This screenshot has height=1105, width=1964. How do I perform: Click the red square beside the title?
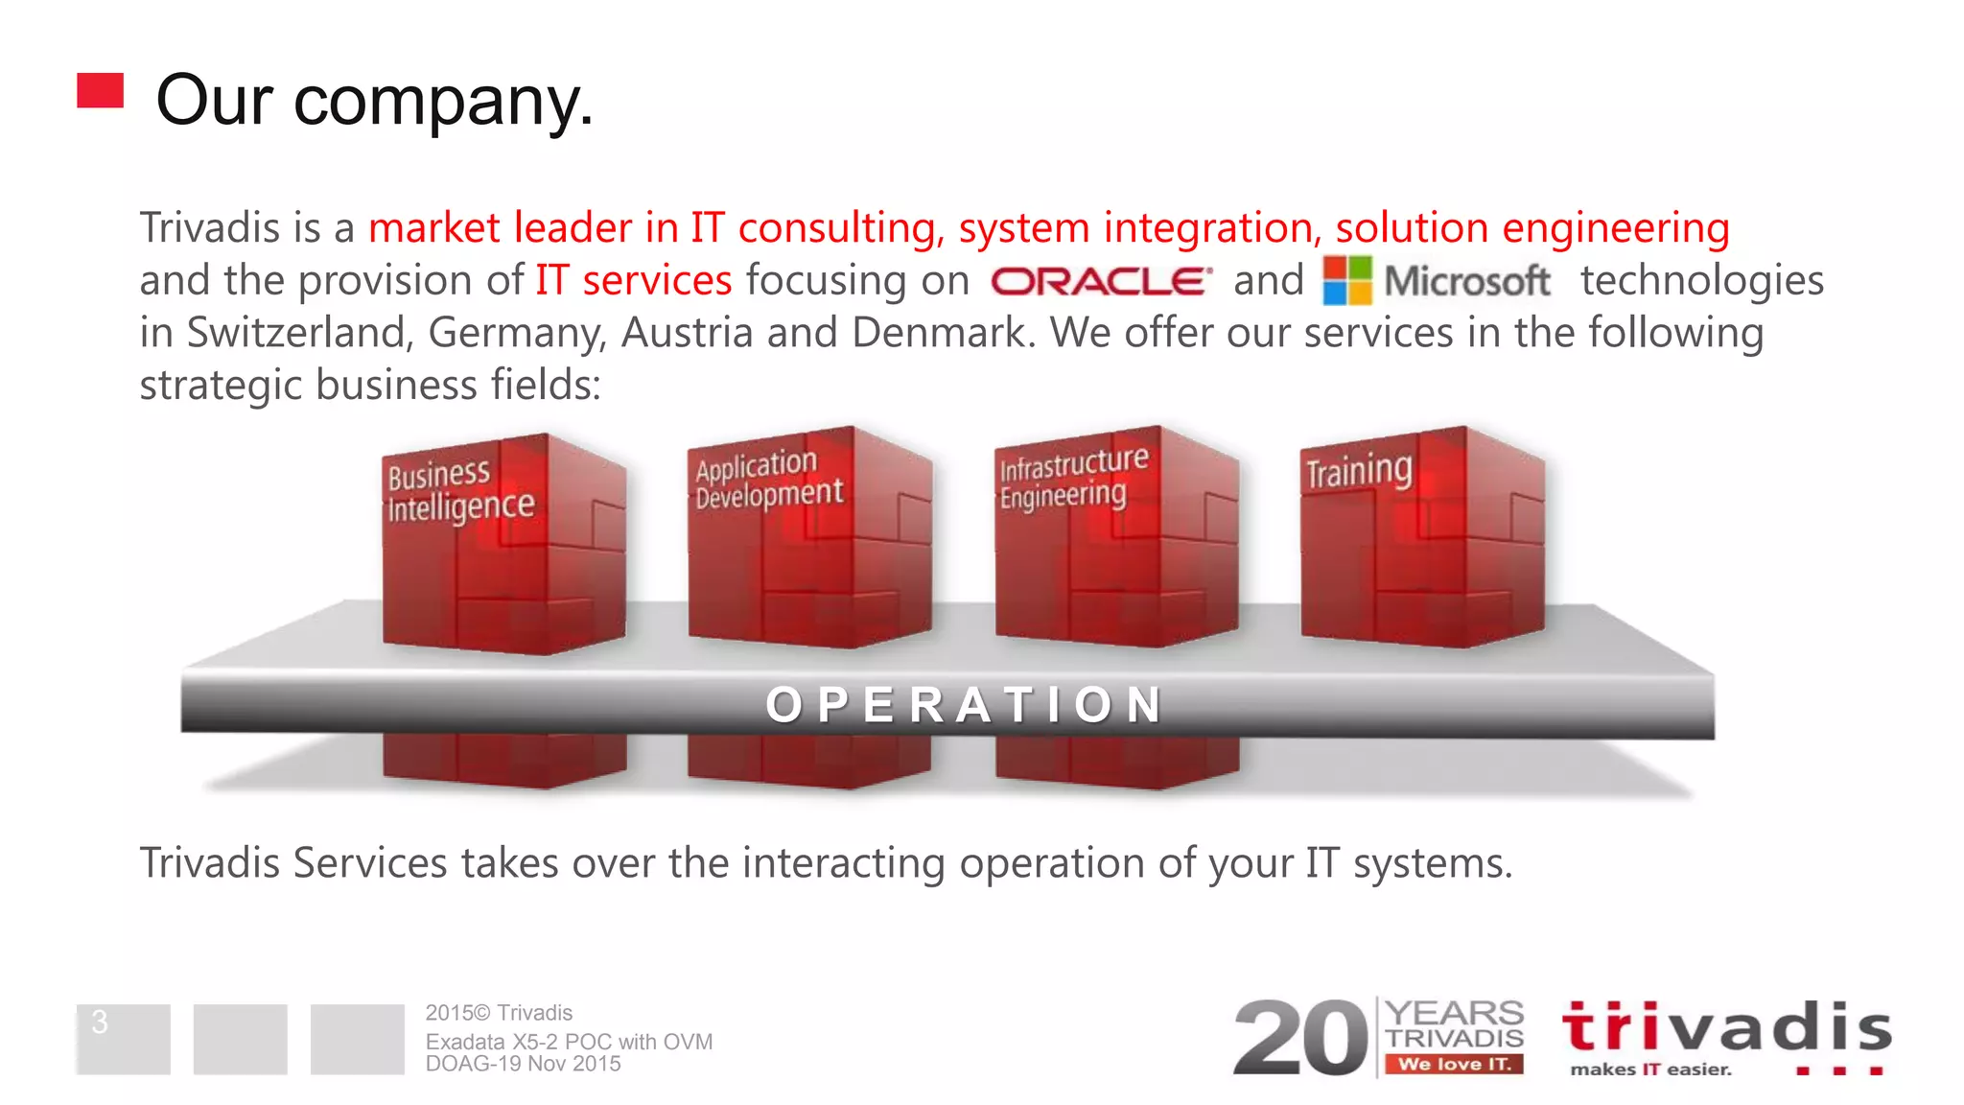[101, 91]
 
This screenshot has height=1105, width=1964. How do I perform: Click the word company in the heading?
[442, 102]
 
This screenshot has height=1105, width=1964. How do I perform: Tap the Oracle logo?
[1101, 281]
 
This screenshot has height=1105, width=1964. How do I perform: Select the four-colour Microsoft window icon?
[1347, 280]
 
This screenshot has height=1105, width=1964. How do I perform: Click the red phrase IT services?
[634, 280]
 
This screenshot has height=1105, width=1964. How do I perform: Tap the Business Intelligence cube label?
[460, 490]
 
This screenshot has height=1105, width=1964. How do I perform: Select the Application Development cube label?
[769, 479]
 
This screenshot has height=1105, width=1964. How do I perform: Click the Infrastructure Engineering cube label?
[1072, 478]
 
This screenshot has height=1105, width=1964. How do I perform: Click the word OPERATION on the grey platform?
[964, 705]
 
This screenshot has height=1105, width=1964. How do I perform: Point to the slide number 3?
[100, 1023]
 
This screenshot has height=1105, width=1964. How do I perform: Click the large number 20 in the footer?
[1301, 1038]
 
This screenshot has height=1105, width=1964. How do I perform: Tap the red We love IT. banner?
[1454, 1064]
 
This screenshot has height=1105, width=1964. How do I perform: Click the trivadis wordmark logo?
[1726, 1028]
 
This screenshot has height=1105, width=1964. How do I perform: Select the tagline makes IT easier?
[1650, 1070]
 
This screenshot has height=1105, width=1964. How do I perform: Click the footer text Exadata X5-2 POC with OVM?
[569, 1042]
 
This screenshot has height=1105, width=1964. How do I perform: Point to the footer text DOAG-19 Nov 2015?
[523, 1064]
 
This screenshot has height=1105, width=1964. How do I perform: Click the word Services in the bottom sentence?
[369, 863]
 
